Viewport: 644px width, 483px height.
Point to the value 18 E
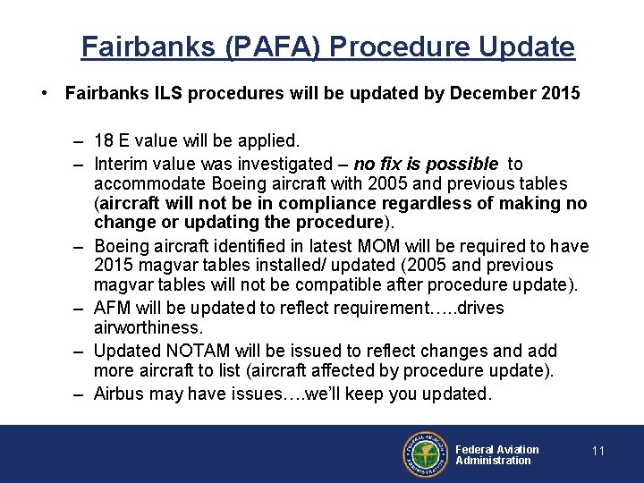point(119,141)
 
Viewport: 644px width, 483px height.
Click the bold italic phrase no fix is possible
point(426,164)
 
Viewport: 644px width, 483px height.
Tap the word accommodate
point(148,183)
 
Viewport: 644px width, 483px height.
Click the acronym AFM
point(112,309)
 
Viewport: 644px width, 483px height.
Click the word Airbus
point(120,394)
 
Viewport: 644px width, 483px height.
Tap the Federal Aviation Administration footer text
point(496,454)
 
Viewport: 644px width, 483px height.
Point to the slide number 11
point(598,452)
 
